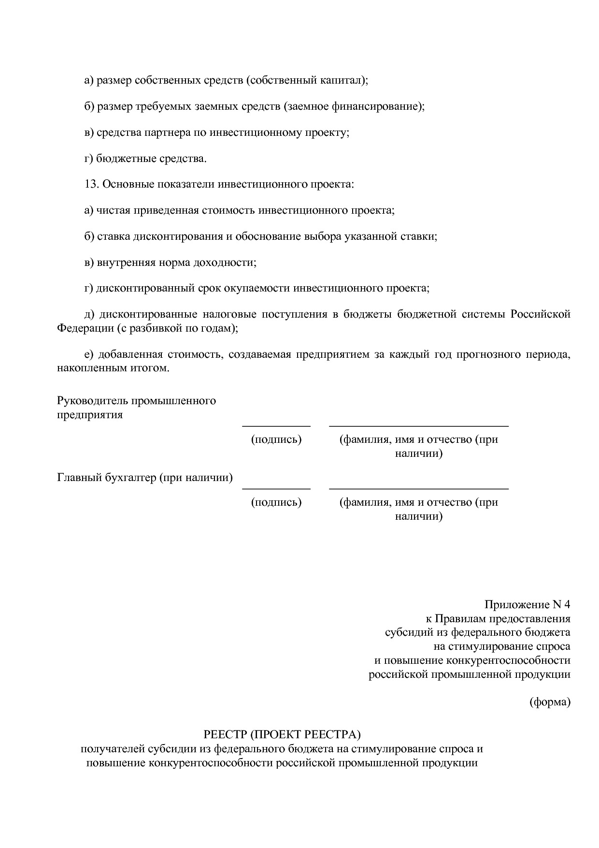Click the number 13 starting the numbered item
click(91, 184)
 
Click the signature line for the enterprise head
click(276, 426)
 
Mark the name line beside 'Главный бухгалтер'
click(418, 488)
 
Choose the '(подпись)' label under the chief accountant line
click(276, 502)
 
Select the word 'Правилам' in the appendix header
click(461, 619)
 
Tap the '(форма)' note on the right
click(550, 702)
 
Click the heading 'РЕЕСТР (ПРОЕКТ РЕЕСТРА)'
click(283, 735)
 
